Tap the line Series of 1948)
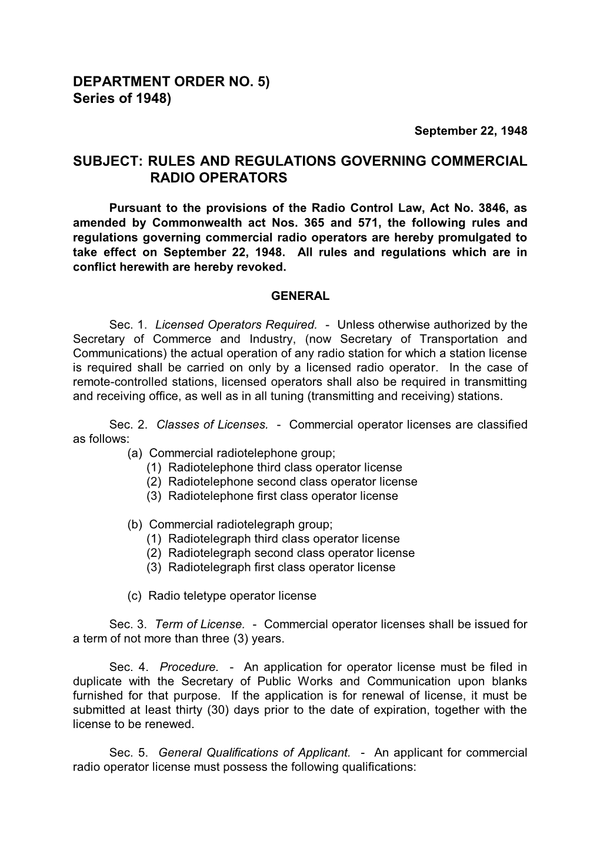coord(122,98)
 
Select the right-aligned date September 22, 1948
coord(471,131)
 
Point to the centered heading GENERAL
coord(300,296)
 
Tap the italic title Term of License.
coord(200,624)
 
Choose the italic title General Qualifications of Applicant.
coord(255,753)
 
